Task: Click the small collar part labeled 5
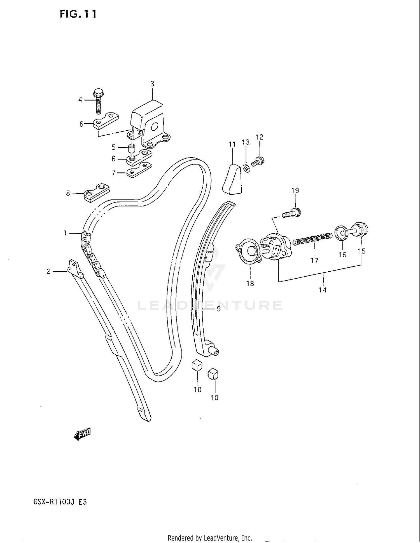131,147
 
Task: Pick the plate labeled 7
139,171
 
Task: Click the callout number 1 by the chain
65,233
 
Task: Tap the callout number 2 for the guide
48,271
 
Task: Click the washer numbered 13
246,169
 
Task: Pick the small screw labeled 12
258,161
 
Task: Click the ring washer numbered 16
341,232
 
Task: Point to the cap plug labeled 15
361,230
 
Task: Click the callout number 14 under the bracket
323,290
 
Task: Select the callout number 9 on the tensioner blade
219,309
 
